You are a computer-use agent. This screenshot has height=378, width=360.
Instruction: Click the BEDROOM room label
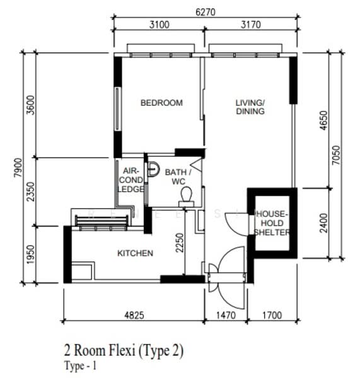coord(161,103)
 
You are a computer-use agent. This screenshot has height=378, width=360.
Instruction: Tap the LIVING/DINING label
coord(250,107)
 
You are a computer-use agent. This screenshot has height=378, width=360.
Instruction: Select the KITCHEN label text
coord(135,253)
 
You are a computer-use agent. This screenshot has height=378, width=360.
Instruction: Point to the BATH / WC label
coord(178,176)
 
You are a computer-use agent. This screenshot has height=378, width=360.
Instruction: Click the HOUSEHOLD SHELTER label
coord(272,223)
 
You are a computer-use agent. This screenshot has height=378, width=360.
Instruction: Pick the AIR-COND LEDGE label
coord(131,180)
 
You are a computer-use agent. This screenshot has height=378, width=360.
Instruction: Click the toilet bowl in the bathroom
coord(186,197)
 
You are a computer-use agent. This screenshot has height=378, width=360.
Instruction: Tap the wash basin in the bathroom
coord(153,169)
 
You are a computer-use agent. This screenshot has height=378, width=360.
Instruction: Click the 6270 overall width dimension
coord(206,12)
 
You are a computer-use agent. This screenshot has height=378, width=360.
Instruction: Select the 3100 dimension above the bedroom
coord(160,25)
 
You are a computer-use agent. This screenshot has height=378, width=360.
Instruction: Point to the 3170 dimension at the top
coord(251,25)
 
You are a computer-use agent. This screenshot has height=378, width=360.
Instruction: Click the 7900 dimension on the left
coord(18,168)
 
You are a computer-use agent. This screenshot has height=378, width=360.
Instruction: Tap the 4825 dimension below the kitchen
coord(134,315)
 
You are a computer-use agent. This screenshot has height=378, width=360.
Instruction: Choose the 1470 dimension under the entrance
coord(226,315)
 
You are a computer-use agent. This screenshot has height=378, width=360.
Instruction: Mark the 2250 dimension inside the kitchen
coord(180,243)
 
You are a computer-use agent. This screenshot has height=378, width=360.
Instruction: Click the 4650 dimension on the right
coord(323,120)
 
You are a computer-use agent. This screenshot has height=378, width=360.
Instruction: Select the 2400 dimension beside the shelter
coord(323,223)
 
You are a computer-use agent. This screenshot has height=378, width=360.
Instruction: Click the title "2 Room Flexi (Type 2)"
coord(124,350)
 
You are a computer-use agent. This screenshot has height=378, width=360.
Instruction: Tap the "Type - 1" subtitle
coord(80,365)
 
